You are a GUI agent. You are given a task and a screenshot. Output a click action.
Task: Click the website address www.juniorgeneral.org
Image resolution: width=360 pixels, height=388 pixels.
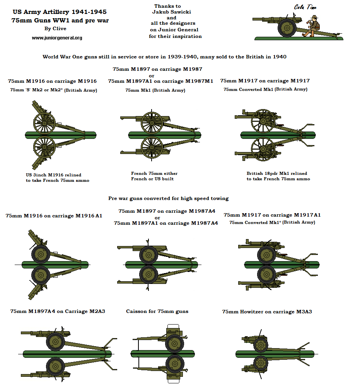57,38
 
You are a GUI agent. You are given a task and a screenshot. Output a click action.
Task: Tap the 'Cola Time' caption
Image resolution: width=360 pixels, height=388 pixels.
305,7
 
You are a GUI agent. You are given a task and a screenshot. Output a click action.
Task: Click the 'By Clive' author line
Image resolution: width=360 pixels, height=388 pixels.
55,29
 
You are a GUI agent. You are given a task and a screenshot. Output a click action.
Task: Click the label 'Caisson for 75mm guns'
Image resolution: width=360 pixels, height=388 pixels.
157,311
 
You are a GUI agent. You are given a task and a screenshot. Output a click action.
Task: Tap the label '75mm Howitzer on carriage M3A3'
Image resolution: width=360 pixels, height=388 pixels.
267,311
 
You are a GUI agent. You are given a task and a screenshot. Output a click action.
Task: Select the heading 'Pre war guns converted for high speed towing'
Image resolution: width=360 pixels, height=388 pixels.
169,198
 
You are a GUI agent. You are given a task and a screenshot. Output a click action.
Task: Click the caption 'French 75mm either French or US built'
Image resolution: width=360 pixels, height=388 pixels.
154,176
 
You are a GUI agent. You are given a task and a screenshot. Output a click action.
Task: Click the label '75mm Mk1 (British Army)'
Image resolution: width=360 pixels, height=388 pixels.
155,90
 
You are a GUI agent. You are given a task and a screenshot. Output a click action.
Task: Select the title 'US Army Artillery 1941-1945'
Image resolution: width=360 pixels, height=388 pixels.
60,12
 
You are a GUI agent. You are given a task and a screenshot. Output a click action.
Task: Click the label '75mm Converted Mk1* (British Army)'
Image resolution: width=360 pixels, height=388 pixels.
272,222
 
